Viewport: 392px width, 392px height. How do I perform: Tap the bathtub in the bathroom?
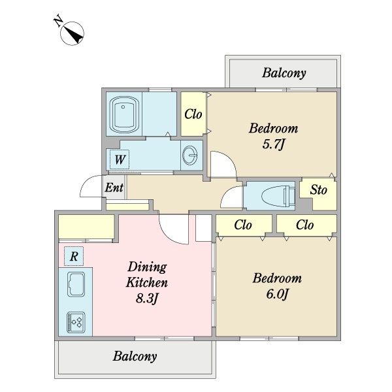(x=124, y=114)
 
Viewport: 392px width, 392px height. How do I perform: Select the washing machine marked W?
(x=120, y=159)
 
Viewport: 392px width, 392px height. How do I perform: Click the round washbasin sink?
(x=189, y=155)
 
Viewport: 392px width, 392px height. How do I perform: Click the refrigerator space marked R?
(x=74, y=256)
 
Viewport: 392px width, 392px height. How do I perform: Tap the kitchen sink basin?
(x=76, y=284)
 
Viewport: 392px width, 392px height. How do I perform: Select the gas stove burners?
(x=76, y=323)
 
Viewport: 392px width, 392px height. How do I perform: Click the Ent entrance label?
(x=114, y=188)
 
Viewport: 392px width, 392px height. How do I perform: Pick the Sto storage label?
(x=318, y=189)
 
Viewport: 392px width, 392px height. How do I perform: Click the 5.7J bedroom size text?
(x=274, y=144)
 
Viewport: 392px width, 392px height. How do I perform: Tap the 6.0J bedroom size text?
(x=277, y=294)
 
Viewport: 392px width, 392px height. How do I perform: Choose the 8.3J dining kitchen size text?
(x=147, y=299)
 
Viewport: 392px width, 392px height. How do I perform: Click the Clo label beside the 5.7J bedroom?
(x=193, y=114)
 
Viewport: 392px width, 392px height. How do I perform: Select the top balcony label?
(x=284, y=73)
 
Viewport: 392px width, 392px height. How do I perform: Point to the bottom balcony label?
(x=135, y=356)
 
